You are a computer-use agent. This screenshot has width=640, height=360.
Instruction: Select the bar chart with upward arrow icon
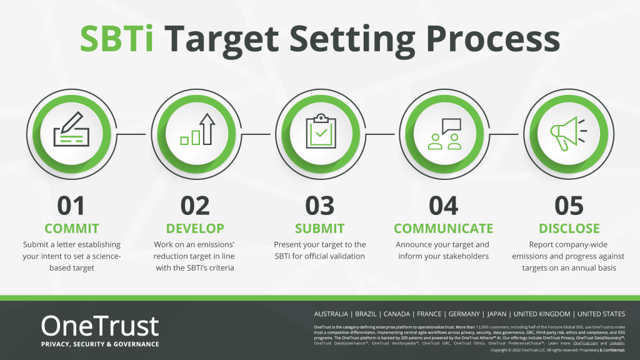point(196,129)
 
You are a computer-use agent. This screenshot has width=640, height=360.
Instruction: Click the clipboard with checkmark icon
point(320,129)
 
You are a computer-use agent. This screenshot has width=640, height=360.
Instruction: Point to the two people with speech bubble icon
point(444,132)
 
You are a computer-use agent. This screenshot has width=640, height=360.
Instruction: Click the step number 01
point(71,206)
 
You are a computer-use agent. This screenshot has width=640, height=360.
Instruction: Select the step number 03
point(320,206)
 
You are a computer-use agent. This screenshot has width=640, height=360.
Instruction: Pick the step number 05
point(569,206)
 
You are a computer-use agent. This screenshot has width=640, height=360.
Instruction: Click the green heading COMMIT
point(71,228)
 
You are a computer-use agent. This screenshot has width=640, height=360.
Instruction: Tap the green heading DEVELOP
point(195,228)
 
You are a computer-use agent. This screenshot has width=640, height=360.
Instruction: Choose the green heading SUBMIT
point(320,228)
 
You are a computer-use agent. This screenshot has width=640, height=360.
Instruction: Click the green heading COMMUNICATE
point(444,228)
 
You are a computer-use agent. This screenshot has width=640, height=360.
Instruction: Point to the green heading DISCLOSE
point(569,228)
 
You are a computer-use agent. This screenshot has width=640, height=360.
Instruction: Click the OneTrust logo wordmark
point(100,326)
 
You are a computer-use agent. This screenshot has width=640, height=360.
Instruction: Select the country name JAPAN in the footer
point(496,314)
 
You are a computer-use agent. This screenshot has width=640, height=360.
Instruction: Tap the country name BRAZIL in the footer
point(366,314)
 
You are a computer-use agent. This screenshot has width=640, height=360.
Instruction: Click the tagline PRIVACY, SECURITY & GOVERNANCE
point(100,344)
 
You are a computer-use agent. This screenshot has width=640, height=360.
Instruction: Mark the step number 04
point(444,206)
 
